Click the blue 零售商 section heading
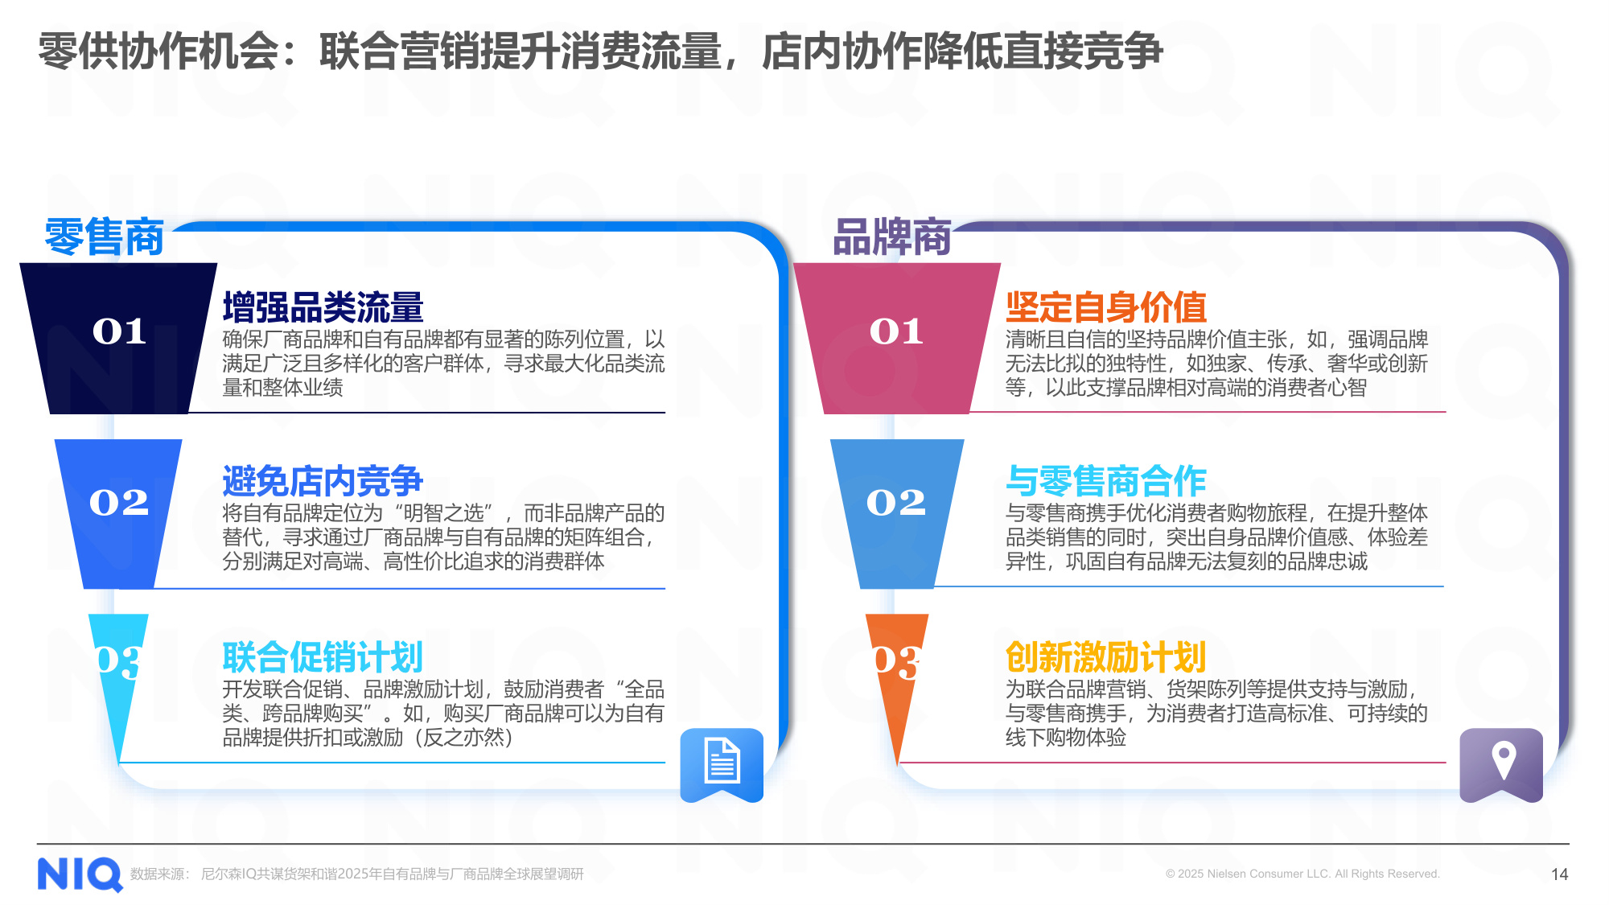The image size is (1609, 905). point(104,237)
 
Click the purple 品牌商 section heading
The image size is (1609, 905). point(892,237)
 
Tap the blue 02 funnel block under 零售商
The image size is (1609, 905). point(119,507)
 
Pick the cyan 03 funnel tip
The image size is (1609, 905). point(119,668)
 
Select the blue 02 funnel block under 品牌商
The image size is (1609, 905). point(896,507)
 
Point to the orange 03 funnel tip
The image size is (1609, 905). point(896,668)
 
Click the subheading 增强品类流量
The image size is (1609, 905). point(323,307)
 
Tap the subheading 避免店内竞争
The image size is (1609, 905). point(323,481)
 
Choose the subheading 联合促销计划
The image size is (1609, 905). point(323,657)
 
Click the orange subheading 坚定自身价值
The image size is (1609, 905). point(1105,307)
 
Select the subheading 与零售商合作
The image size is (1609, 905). point(1105,481)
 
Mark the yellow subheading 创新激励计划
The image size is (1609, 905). point(1105,657)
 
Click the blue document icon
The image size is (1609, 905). point(722,763)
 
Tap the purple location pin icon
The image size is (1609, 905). point(1501,763)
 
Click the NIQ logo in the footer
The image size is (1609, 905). point(79,874)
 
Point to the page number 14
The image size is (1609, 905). point(1559,874)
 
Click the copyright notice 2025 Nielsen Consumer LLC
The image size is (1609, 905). point(1302,874)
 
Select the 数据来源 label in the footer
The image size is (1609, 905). point(159,874)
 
